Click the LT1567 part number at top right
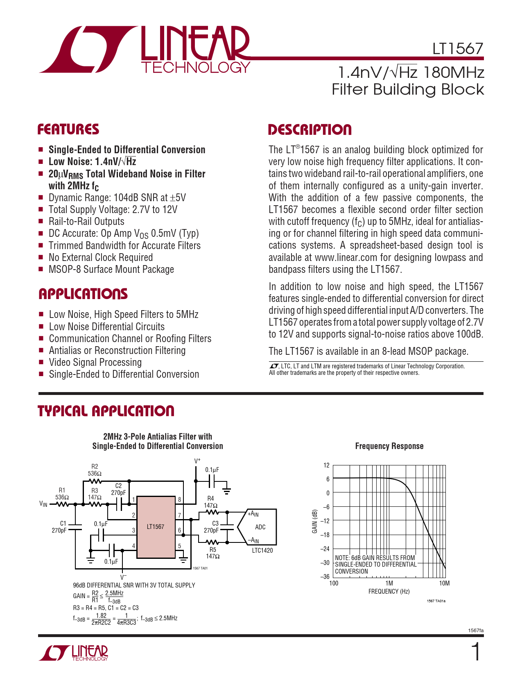(458, 49)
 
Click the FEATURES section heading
(68, 129)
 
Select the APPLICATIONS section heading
(83, 294)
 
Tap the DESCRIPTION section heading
(310, 130)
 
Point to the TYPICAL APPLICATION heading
(106, 411)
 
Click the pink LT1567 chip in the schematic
(156, 527)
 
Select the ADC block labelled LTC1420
(260, 527)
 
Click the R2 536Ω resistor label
(95, 470)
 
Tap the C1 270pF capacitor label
(60, 527)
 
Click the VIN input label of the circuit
(43, 504)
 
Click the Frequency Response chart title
(389, 446)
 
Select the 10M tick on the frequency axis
(444, 583)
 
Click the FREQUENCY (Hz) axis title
(389, 592)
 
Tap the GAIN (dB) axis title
(315, 521)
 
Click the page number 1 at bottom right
(476, 652)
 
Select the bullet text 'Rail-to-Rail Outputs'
(86, 222)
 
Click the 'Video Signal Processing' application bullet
(95, 363)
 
